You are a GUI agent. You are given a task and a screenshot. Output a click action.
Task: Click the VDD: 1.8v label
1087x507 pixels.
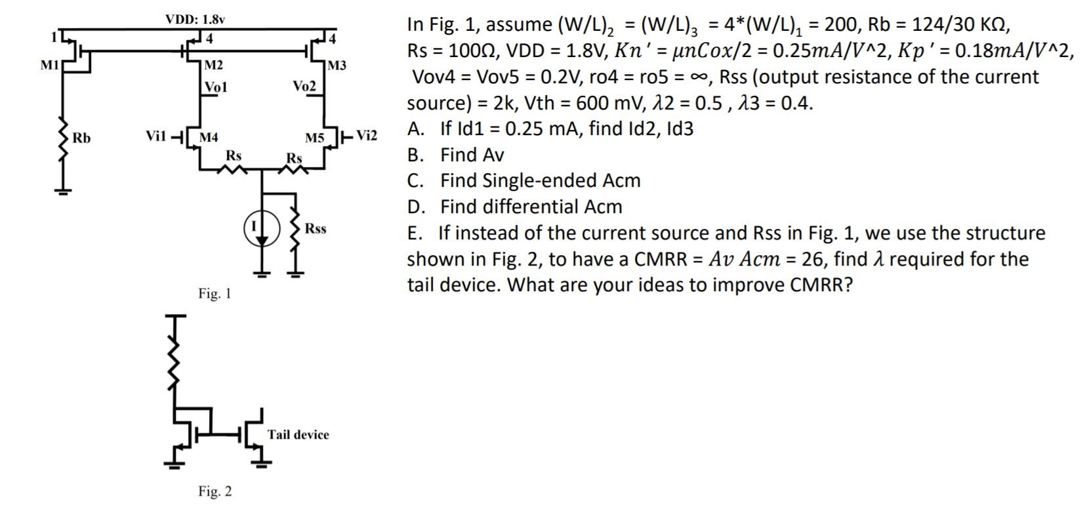click(x=195, y=19)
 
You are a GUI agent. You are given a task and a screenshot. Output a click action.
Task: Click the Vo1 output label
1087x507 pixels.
click(x=215, y=87)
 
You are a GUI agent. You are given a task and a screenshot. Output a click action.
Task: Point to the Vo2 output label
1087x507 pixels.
click(x=304, y=87)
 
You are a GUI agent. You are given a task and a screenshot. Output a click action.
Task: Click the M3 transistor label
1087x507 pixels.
click(x=337, y=66)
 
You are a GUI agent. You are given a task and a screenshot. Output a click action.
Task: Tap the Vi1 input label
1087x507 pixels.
click(x=157, y=136)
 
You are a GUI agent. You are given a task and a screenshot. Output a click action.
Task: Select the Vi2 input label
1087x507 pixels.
click(x=367, y=136)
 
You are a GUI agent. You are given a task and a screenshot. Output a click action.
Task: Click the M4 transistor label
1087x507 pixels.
click(x=209, y=138)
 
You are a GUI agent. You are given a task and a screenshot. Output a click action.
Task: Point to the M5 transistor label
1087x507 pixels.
click(x=315, y=138)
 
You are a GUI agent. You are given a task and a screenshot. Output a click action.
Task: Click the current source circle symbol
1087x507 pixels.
click(x=262, y=228)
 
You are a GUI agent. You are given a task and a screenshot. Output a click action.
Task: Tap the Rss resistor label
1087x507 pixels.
click(x=316, y=228)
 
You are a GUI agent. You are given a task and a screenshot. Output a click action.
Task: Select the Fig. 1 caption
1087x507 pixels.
click(x=215, y=293)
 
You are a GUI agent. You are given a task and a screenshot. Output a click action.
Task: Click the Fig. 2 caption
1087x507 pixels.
click(x=215, y=491)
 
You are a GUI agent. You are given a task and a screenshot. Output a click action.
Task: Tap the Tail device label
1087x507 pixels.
click(x=298, y=434)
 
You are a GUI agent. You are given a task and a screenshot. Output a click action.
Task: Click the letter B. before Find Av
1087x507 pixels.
click(x=415, y=155)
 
